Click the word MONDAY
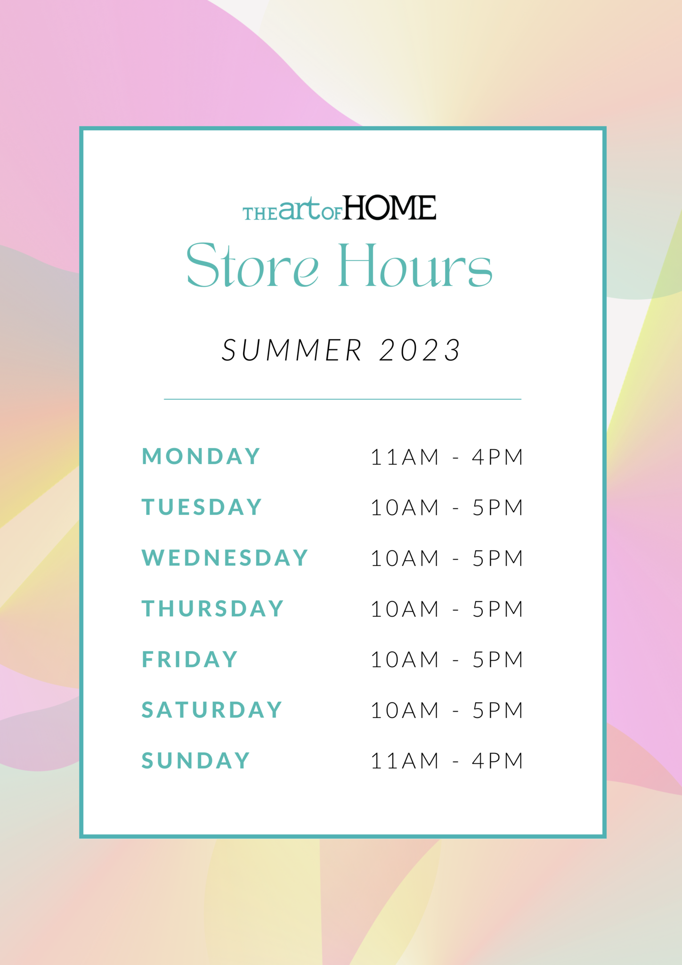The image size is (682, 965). pos(201,456)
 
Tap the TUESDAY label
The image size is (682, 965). pos(202,507)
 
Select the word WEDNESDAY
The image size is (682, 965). pos(225,558)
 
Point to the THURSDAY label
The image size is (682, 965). pos(213,609)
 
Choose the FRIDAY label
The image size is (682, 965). pos(190,659)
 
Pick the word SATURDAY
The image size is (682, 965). pos(212,710)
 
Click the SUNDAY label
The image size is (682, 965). pos(196,761)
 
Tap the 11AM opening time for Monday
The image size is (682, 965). pos(405,457)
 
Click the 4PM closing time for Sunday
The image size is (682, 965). pos(498,761)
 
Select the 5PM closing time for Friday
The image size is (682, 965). pos(498,660)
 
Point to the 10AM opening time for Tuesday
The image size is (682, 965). pos(405,507)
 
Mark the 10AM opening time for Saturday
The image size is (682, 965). pos(405,711)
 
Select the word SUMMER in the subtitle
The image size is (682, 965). pos(292,350)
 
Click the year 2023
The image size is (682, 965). pos(420,350)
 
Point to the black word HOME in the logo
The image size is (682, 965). pos(390,207)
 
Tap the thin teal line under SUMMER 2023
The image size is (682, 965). pos(342,399)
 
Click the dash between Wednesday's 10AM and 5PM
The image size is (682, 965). pos(455,559)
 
